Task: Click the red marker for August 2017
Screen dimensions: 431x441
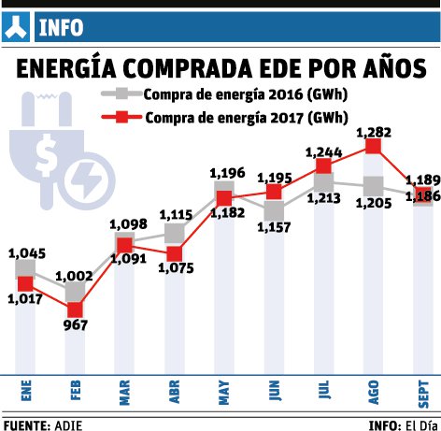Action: tap(374, 146)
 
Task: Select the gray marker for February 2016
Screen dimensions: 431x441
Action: tap(75, 291)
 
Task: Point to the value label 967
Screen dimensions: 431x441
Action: tap(75, 326)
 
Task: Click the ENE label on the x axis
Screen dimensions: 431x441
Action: tap(24, 388)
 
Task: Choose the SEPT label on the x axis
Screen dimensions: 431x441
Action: tap(423, 388)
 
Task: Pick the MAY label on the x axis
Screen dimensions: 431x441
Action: tap(224, 388)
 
